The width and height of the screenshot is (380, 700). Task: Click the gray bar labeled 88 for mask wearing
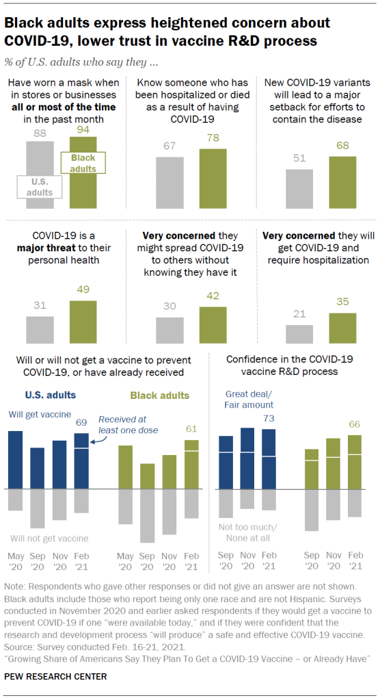click(40, 157)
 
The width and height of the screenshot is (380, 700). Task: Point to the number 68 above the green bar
click(342, 145)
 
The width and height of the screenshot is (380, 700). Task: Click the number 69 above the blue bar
click(81, 423)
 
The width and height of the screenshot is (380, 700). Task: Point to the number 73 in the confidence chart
click(269, 418)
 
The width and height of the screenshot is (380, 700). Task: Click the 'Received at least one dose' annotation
click(128, 425)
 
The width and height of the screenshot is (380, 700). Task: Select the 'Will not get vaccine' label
click(50, 539)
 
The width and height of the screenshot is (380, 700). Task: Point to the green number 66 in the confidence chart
click(354, 424)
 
